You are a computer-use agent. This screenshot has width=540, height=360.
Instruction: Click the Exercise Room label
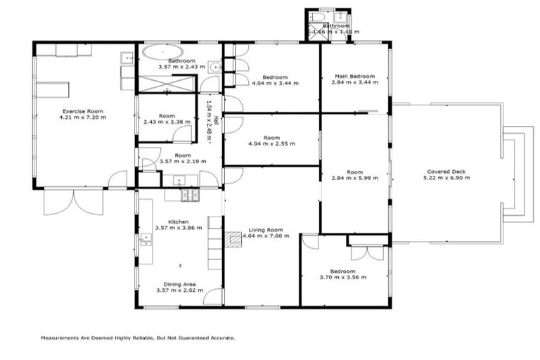click(84, 111)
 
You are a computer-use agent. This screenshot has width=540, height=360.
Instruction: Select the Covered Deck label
click(446, 172)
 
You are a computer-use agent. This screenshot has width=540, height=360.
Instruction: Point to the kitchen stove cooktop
click(190, 195)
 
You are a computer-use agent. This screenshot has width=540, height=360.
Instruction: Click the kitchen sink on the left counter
click(146, 240)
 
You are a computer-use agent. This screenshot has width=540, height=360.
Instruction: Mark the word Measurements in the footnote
click(62, 337)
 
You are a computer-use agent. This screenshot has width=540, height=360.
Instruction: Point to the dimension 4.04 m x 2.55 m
click(272, 144)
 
